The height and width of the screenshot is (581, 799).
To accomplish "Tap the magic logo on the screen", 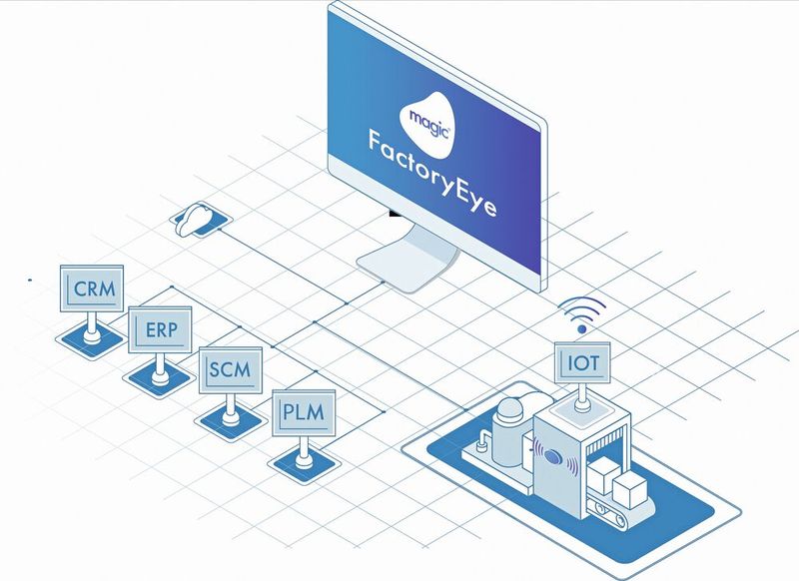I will (427, 117).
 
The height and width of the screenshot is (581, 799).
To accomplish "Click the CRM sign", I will (93, 290).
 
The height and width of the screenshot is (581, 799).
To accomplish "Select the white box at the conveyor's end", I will (632, 488).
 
